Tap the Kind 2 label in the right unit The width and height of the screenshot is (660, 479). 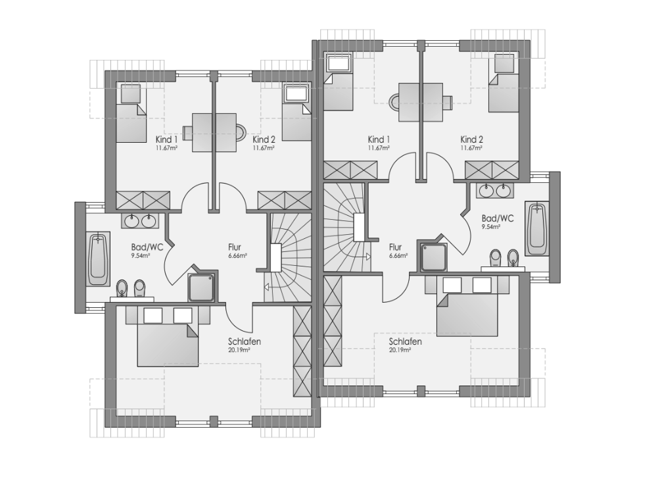coord(471,139)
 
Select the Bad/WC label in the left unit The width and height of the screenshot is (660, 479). coord(147,247)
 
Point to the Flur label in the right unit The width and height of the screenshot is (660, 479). coord(395,247)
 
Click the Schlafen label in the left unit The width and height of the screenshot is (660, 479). coord(245,341)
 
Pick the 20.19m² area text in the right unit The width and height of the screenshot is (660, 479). coord(400,350)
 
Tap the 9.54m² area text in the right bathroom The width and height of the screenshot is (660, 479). coord(491,227)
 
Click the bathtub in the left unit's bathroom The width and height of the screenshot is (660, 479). coord(98,259)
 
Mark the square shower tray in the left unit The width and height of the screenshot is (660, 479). coord(201,288)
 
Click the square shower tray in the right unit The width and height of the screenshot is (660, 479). coord(433,257)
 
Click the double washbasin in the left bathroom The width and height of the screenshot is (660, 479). coord(141,221)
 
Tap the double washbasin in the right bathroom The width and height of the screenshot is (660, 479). coord(495,191)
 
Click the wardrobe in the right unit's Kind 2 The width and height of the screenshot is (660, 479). coord(492,170)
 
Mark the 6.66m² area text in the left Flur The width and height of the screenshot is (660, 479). coord(238,256)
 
